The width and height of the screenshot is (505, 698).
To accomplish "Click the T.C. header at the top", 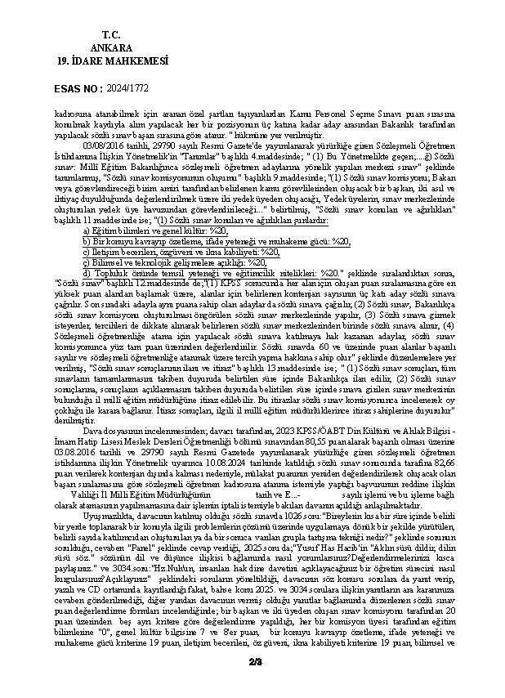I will coord(111,34).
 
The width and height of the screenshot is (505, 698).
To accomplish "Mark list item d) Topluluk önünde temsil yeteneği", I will coord(188,274).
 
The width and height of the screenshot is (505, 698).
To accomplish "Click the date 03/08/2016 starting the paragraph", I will coord(104,143).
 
